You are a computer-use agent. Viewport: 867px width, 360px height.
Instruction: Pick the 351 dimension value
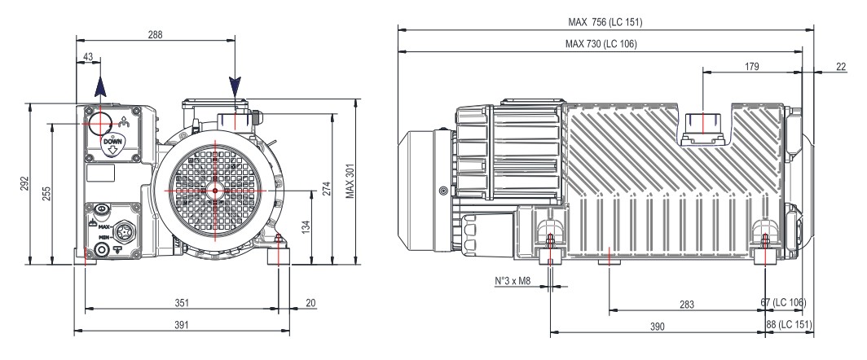(182, 303)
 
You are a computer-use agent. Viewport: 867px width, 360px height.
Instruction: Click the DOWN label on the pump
(112, 141)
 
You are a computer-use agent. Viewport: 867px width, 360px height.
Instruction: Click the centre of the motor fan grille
(214, 190)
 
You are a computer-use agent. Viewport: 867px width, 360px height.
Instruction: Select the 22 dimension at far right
(840, 66)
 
